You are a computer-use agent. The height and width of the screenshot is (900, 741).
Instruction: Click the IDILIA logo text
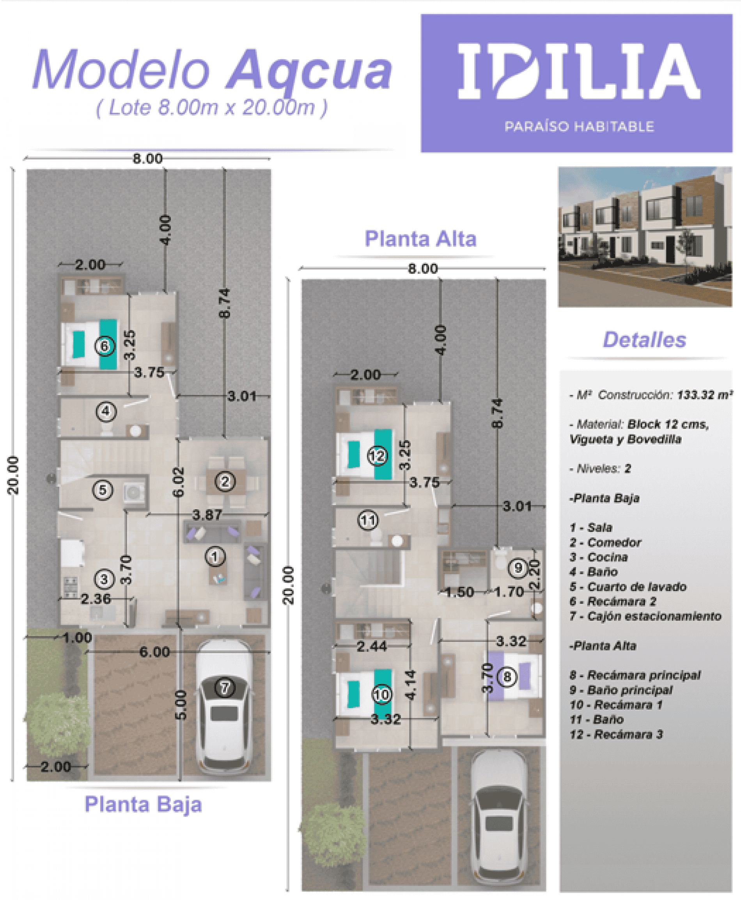pyautogui.click(x=578, y=71)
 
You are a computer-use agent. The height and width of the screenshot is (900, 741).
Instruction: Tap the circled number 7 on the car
pyautogui.click(x=225, y=688)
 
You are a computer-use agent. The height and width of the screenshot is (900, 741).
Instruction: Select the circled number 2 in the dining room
pyautogui.click(x=225, y=482)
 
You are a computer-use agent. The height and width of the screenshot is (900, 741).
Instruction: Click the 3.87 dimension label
pyautogui.click(x=207, y=515)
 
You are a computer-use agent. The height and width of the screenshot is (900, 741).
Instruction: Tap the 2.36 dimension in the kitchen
pyautogui.click(x=96, y=599)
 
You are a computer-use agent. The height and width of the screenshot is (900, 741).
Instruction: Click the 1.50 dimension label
pyautogui.click(x=459, y=592)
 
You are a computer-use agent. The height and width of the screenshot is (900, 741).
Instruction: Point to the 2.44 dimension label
pyautogui.click(x=372, y=647)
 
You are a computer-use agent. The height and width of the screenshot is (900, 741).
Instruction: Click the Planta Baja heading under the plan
pyautogui.click(x=143, y=804)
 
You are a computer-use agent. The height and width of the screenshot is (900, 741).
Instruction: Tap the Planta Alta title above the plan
pyautogui.click(x=420, y=239)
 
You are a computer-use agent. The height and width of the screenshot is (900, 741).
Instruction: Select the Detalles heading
pyautogui.click(x=645, y=340)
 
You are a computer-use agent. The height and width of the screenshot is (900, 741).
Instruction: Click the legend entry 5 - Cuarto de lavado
pyautogui.click(x=628, y=587)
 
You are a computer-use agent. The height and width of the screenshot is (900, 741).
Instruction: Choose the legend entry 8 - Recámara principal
pyautogui.click(x=635, y=675)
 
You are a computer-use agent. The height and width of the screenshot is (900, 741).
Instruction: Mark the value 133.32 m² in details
pyautogui.click(x=705, y=395)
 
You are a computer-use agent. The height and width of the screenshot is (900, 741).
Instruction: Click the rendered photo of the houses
pyautogui.click(x=645, y=236)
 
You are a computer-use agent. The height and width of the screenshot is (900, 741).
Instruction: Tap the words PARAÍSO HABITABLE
pyautogui.click(x=579, y=126)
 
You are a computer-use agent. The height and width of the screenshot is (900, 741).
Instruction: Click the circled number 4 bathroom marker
pyautogui.click(x=106, y=411)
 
